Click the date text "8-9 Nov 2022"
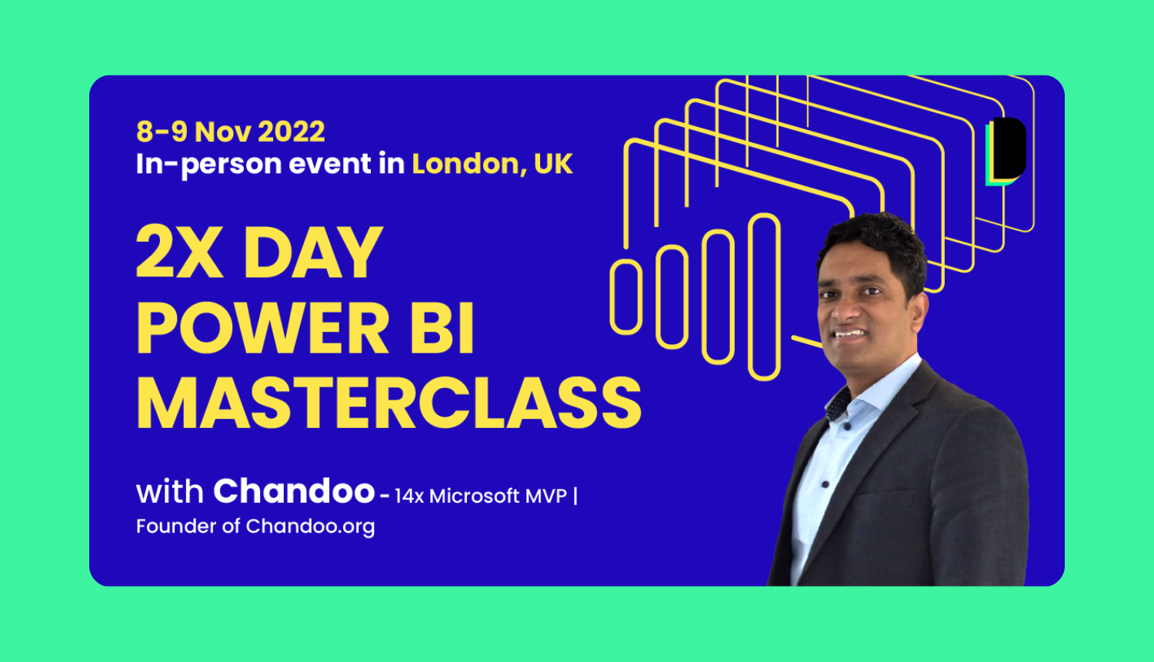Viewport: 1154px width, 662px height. pyautogui.click(x=231, y=132)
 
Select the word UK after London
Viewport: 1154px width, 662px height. pyautogui.click(x=553, y=164)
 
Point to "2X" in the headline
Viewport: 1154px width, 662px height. pyautogui.click(x=179, y=252)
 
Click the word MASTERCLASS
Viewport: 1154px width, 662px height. pyautogui.click(x=389, y=403)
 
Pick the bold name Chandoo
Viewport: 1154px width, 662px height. pyautogui.click(x=294, y=491)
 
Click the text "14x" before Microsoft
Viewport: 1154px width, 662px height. pyautogui.click(x=409, y=496)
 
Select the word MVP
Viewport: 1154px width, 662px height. pyautogui.click(x=545, y=496)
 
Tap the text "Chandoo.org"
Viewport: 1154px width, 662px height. pyautogui.click(x=310, y=527)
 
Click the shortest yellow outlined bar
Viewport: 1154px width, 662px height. pyautogui.click(x=625, y=297)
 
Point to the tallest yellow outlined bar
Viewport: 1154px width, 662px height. pyautogui.click(x=764, y=297)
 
